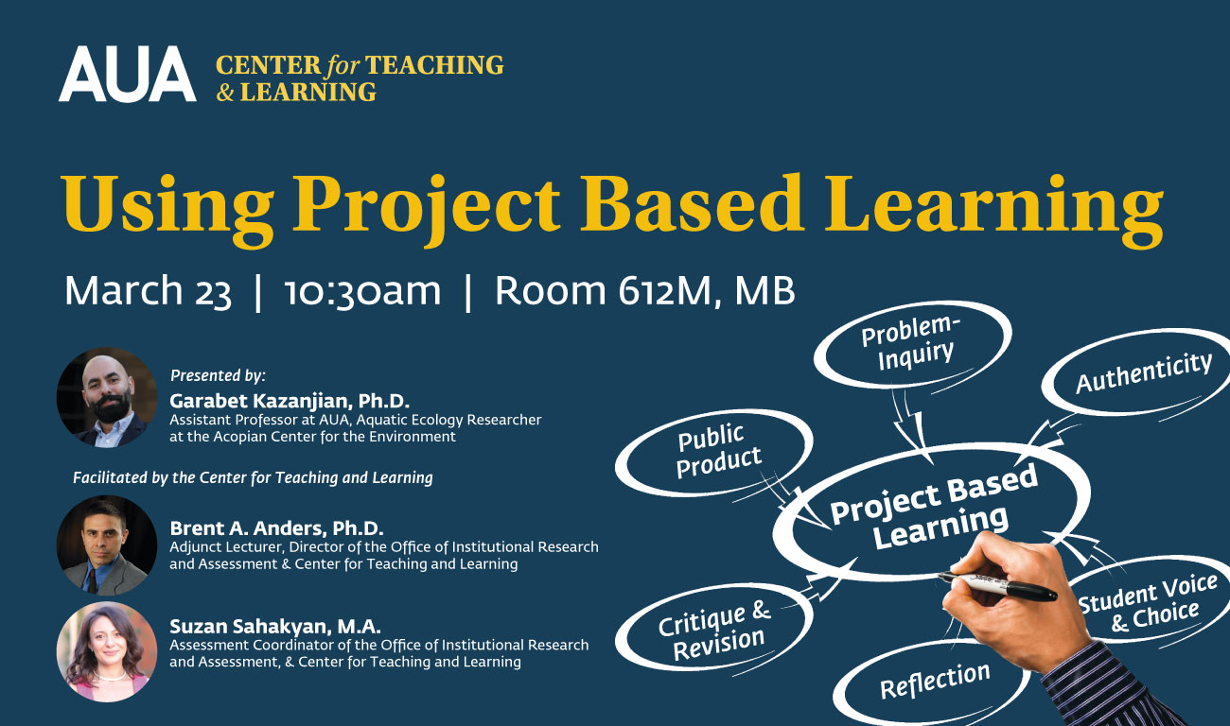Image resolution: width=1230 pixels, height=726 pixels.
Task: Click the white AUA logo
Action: tap(128, 74)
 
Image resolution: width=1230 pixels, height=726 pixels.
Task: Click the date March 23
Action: tap(148, 291)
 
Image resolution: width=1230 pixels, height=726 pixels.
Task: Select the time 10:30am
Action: tap(362, 291)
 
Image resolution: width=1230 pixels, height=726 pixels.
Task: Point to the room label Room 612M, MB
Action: tap(644, 290)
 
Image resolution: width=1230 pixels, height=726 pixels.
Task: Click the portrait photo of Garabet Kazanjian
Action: tap(107, 397)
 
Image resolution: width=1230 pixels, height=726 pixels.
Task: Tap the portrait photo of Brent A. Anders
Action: tap(107, 545)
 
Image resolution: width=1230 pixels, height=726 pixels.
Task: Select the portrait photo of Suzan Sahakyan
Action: tap(107, 652)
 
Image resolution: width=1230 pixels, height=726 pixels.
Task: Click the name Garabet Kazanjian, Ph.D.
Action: tap(290, 401)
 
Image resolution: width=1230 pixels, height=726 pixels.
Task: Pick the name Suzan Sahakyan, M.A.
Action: tap(275, 626)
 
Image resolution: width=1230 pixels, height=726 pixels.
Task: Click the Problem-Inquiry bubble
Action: tap(912, 344)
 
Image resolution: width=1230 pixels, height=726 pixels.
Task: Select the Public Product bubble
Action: tap(713, 453)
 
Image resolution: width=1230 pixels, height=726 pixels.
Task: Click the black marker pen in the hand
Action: tap(996, 585)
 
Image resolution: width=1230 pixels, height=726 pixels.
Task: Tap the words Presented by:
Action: tap(218, 376)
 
